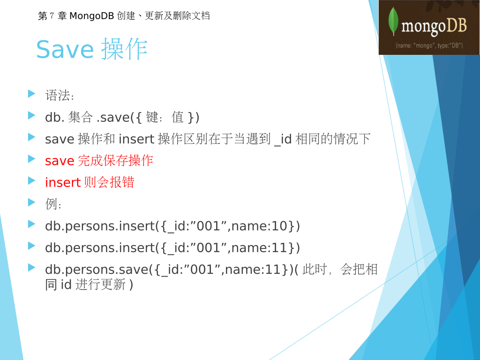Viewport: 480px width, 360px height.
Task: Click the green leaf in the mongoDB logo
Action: (393, 21)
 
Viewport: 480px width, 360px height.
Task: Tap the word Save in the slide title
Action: (65, 49)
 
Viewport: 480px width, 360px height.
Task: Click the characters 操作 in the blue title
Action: (124, 49)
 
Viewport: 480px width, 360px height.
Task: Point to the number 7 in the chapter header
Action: (52, 15)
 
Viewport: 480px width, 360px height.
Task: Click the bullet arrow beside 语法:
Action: (31, 93)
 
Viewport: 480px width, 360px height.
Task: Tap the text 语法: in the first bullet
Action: (60, 95)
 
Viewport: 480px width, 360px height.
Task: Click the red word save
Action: (60, 161)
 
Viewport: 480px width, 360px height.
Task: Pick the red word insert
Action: (63, 182)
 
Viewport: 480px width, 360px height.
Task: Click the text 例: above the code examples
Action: (53, 204)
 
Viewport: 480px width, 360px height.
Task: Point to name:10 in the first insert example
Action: (259, 226)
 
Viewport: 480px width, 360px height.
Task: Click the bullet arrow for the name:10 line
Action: (31, 224)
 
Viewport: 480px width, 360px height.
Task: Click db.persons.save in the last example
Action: (97, 270)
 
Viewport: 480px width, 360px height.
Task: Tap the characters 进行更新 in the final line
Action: (100, 285)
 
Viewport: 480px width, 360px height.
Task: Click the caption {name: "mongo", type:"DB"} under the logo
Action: (429, 45)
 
